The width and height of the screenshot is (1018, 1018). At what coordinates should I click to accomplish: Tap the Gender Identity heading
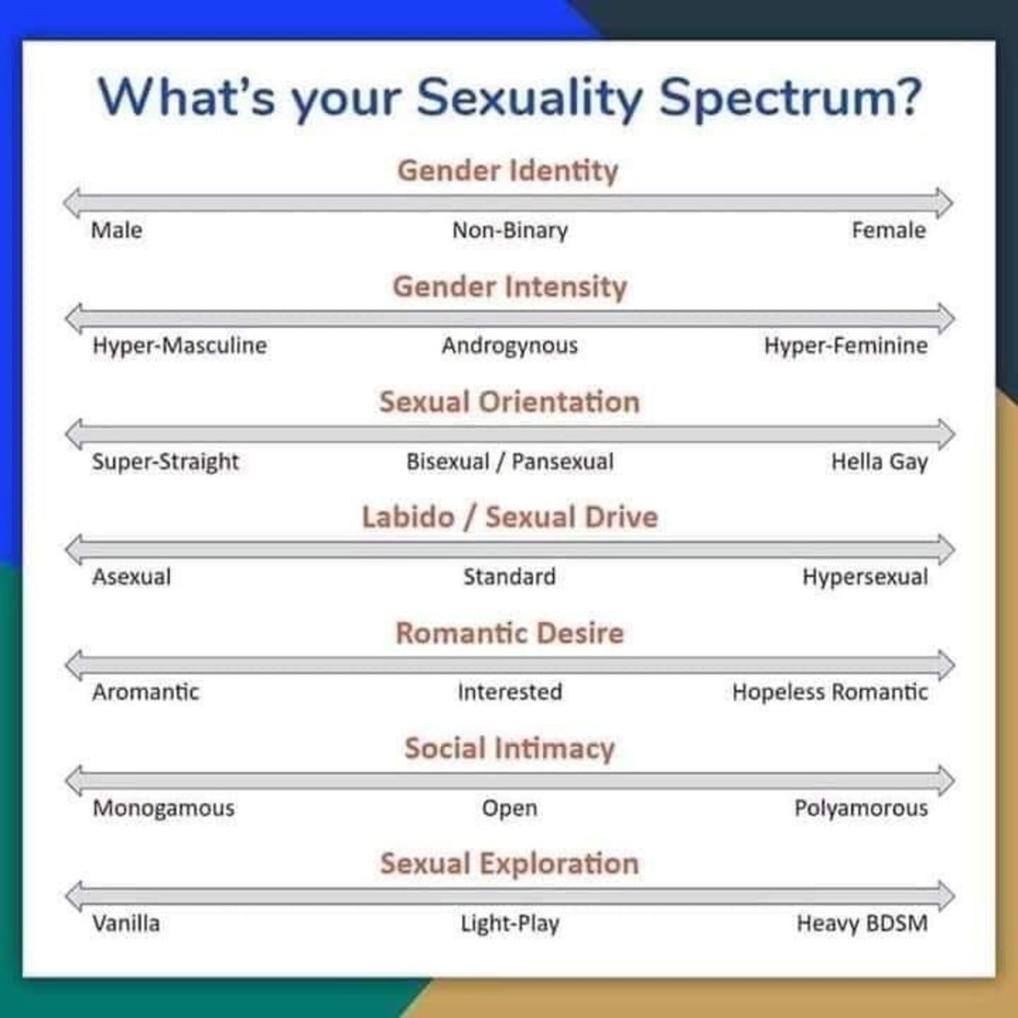507,171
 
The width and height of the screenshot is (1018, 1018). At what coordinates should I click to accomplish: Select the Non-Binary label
510,231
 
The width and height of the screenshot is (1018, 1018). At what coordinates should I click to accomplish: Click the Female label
888,231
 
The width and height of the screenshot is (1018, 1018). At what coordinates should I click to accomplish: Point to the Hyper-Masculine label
180,346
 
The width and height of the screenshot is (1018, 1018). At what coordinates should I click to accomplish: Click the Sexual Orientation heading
509,402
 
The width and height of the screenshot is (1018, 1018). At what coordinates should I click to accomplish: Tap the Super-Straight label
165,462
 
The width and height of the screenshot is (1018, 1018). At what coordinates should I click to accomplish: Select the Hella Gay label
880,462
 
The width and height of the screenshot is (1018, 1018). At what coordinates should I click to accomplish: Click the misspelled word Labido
408,517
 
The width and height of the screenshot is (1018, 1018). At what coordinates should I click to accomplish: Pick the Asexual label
131,577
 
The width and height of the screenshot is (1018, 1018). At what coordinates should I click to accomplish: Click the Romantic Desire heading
510,633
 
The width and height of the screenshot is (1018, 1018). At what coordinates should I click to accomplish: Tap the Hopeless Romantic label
830,692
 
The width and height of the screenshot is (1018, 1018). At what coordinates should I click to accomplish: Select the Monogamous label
164,808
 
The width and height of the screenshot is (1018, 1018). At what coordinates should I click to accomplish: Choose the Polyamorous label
861,808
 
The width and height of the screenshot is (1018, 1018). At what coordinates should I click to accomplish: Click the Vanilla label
126,924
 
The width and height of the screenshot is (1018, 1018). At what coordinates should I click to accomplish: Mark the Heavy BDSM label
862,924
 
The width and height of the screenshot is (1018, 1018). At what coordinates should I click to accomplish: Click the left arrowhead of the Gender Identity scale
72,203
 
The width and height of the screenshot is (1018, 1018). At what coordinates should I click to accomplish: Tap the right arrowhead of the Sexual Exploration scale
946,896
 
